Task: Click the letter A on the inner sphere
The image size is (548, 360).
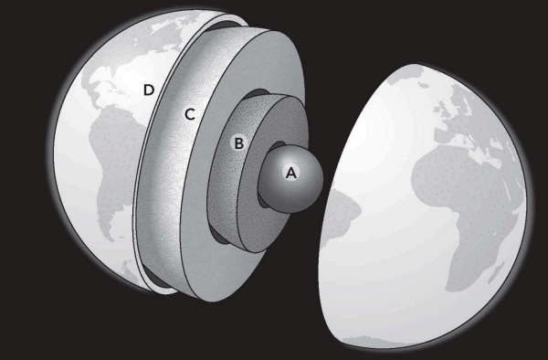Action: point(291,173)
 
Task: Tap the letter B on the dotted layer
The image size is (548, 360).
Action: point(238,143)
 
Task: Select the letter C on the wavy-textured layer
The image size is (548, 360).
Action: point(190,114)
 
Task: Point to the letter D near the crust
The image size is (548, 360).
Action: point(149,90)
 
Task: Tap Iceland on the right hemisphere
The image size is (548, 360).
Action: point(423,85)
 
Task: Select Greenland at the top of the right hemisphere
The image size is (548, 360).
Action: point(406,73)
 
